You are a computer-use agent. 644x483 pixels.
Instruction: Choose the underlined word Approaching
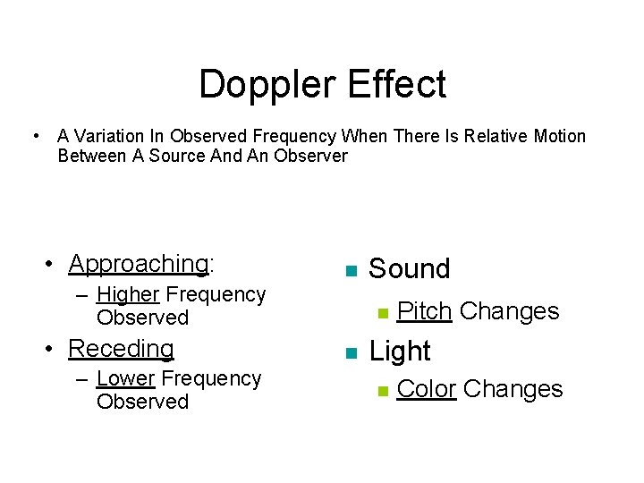click(x=138, y=264)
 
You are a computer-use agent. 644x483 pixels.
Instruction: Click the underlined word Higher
click(x=128, y=294)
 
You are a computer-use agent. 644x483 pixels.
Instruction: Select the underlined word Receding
click(x=121, y=348)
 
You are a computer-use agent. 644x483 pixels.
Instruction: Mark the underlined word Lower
click(x=126, y=378)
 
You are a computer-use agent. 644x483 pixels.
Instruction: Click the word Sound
click(x=410, y=269)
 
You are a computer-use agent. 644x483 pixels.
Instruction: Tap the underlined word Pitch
click(x=424, y=311)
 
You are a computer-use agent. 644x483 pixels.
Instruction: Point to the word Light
click(x=400, y=352)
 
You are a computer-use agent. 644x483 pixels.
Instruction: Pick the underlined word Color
click(x=427, y=389)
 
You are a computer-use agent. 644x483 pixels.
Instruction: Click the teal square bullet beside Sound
click(x=351, y=271)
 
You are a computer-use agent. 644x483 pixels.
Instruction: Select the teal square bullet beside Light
click(x=351, y=352)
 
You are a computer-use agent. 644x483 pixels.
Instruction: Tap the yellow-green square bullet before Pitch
click(x=382, y=313)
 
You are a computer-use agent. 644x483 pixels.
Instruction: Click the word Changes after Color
click(x=513, y=389)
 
